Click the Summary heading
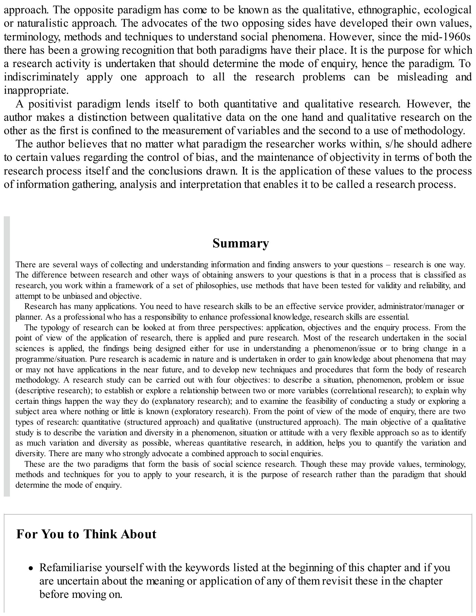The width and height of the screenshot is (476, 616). (x=241, y=243)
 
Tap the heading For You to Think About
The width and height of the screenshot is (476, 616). (x=86, y=534)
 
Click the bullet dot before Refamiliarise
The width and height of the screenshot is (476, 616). (x=31, y=568)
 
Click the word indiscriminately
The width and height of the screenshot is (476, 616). (x=41, y=77)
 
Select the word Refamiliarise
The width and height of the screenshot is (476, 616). (x=72, y=568)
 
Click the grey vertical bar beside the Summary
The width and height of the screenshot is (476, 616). (x=7, y=356)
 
